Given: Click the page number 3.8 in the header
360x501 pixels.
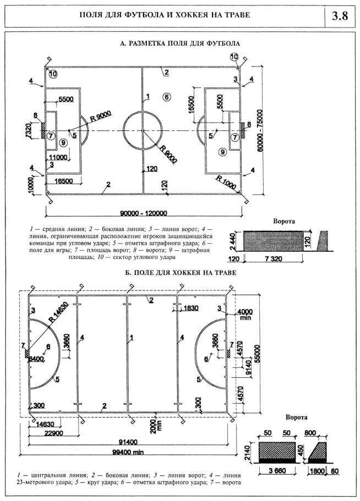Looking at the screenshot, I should click(340, 15).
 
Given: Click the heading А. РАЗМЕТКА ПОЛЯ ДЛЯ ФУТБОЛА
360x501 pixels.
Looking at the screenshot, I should click(179, 42).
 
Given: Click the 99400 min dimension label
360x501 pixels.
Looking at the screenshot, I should click(130, 452).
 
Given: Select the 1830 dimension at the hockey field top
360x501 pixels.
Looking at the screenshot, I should click(190, 308).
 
